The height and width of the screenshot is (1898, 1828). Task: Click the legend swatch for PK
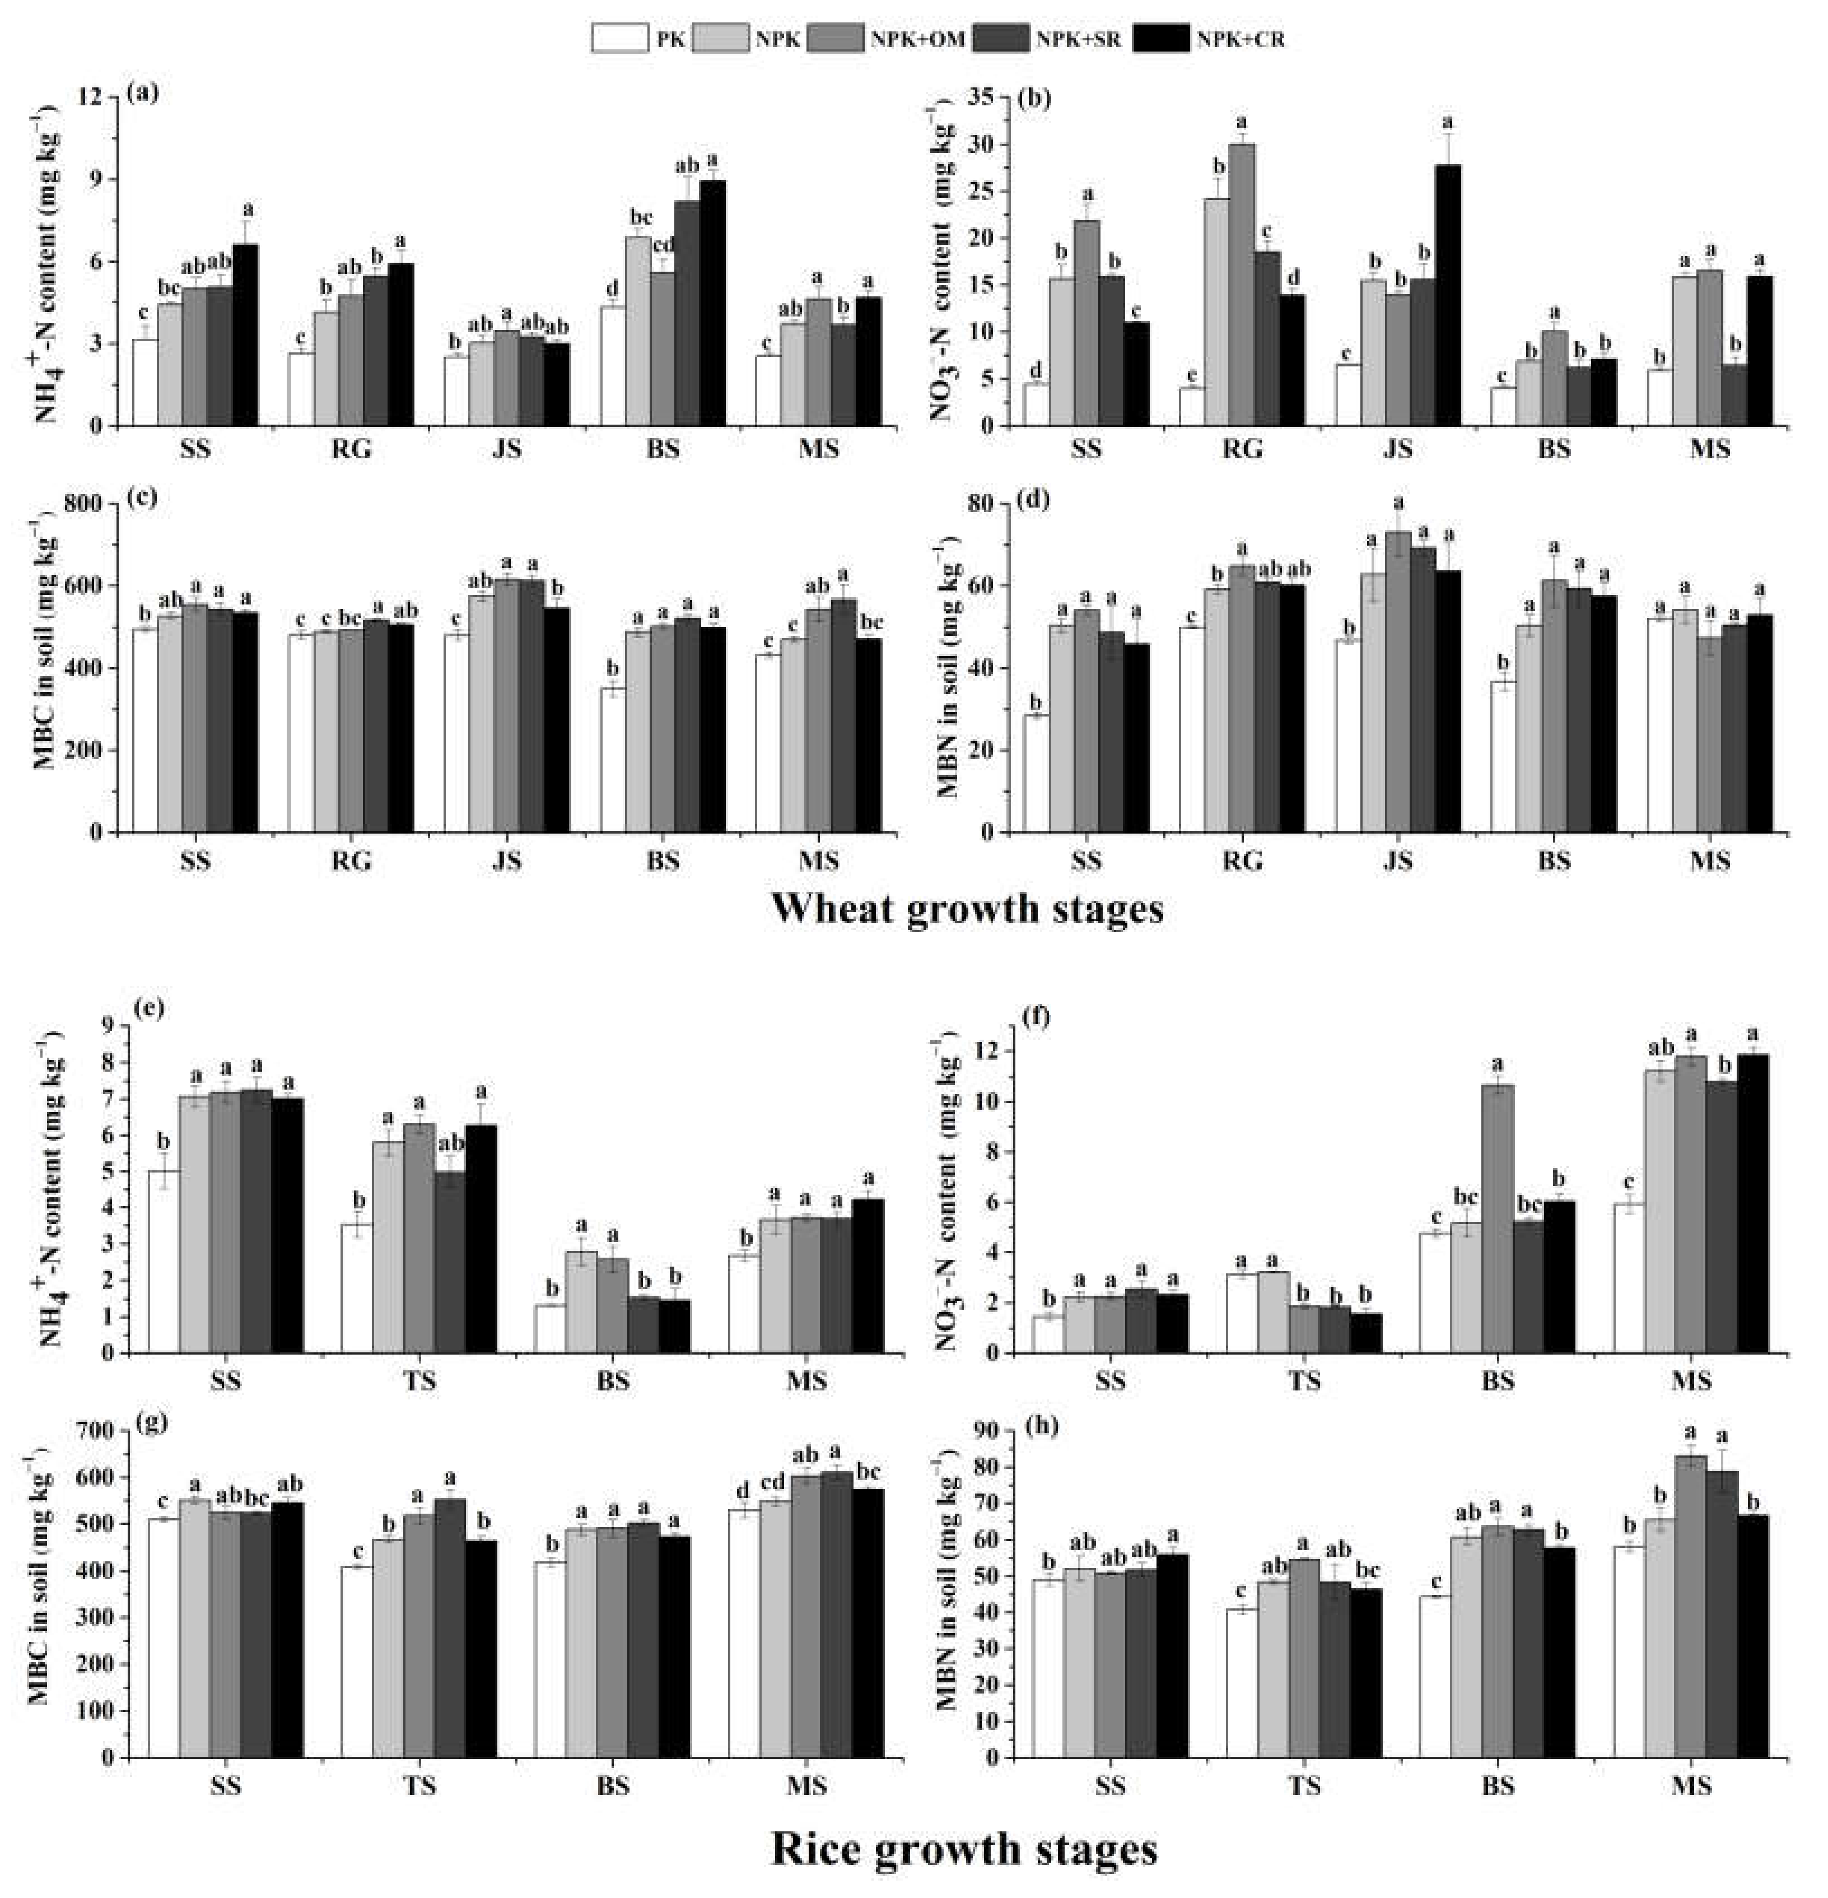(x=619, y=39)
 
